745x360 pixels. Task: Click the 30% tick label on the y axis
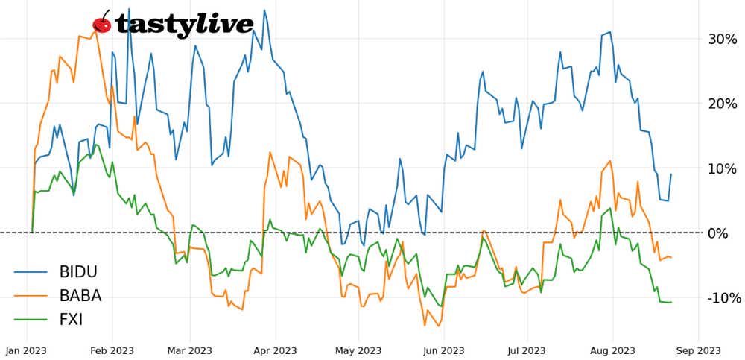pyautogui.click(x=721, y=39)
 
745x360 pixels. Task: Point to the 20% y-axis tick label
pyautogui.click(x=721, y=104)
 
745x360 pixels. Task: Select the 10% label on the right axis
pyautogui.click(x=721, y=168)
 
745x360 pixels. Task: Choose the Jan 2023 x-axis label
pyautogui.click(x=28, y=350)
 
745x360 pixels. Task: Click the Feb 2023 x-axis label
pyautogui.click(x=112, y=350)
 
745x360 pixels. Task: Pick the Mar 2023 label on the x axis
pyautogui.click(x=190, y=350)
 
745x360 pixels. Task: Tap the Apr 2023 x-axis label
pyautogui.click(x=275, y=350)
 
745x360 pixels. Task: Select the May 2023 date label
pyautogui.click(x=358, y=350)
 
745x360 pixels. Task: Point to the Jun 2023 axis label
pyautogui.click(x=443, y=350)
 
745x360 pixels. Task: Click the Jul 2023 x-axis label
pyautogui.click(x=526, y=350)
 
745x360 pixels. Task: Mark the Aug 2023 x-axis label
pyautogui.click(x=612, y=350)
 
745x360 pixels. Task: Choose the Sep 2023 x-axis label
pyautogui.click(x=698, y=350)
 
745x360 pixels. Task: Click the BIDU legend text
pyautogui.click(x=79, y=271)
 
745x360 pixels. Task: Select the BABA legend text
pyautogui.click(x=80, y=296)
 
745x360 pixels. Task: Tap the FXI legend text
pyautogui.click(x=72, y=320)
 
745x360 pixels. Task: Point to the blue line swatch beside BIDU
pyautogui.click(x=31, y=272)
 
